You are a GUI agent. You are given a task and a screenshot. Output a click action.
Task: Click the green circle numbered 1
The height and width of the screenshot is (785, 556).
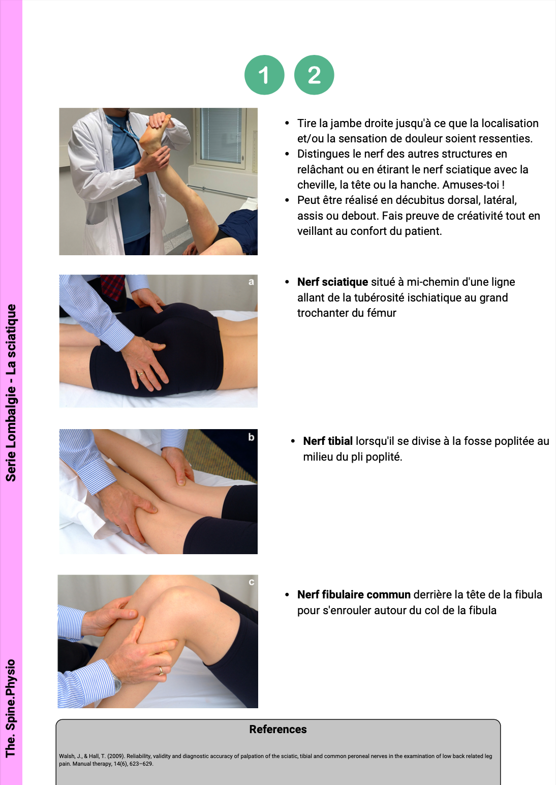[264, 75]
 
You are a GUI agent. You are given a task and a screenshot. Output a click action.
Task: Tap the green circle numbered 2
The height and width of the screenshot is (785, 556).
[314, 75]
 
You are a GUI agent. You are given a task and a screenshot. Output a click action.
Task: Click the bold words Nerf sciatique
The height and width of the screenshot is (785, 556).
[332, 282]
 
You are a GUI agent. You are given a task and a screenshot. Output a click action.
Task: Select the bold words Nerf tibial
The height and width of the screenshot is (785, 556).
[328, 441]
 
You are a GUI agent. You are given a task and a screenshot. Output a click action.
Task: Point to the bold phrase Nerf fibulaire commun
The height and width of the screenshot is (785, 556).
[354, 594]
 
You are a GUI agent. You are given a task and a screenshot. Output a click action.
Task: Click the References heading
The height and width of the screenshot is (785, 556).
[278, 729]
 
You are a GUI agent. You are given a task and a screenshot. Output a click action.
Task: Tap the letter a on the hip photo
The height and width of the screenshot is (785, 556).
[251, 282]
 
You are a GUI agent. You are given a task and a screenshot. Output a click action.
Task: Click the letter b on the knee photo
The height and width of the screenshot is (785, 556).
[251, 437]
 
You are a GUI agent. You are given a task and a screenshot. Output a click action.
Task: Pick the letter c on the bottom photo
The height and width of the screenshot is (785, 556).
[251, 582]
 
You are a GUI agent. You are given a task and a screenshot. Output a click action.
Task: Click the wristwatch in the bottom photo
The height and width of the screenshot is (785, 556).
[117, 682]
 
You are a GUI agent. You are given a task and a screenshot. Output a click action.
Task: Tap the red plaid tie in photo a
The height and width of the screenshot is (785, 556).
[113, 287]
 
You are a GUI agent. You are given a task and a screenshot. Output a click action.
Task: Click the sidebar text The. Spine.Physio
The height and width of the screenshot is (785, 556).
[11, 708]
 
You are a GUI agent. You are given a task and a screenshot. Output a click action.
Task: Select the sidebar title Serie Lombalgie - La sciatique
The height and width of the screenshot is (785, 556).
[11, 392]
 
